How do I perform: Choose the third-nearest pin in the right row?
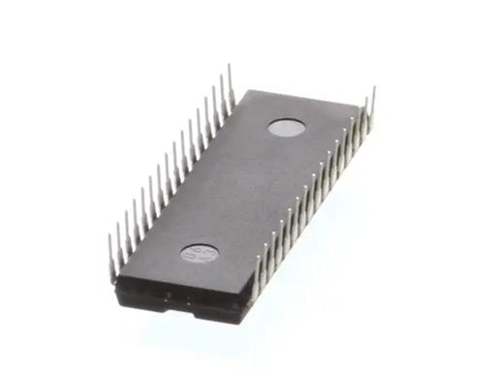coord(275,248)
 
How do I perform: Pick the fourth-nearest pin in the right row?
coord(283,235)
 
